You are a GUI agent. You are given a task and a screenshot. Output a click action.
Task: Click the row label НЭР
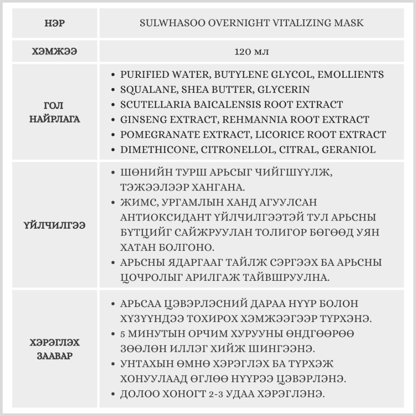(x=54, y=23)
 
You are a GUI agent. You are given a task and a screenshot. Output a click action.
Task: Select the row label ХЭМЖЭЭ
(x=54, y=52)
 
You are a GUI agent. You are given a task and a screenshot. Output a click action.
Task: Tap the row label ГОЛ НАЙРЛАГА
(x=54, y=112)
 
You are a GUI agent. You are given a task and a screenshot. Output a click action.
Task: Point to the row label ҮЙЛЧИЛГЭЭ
(x=54, y=225)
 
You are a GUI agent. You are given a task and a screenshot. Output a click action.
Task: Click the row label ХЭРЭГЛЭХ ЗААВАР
(x=54, y=350)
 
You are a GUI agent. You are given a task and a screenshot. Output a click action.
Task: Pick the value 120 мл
(x=251, y=52)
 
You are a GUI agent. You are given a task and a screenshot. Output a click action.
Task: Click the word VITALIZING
(x=285, y=23)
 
